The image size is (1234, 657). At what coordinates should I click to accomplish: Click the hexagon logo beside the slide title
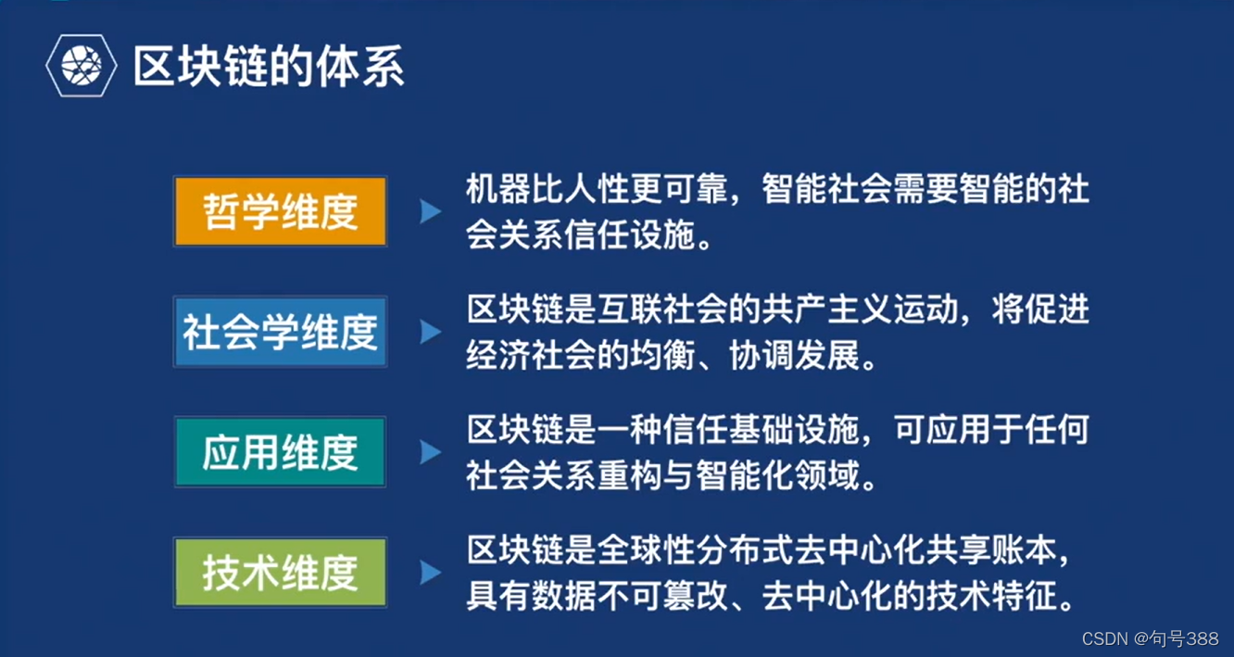(x=82, y=67)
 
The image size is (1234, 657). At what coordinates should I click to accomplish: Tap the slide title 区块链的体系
(x=269, y=67)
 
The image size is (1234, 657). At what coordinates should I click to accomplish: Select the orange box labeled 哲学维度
(x=280, y=211)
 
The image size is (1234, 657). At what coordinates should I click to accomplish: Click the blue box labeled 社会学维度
(x=280, y=332)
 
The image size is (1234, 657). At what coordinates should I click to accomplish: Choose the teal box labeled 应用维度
(x=280, y=452)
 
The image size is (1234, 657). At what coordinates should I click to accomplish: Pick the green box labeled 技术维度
(x=280, y=573)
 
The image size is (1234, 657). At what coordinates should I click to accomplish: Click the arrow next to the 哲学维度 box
(x=430, y=211)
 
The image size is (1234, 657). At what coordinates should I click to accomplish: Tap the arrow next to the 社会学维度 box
(x=430, y=332)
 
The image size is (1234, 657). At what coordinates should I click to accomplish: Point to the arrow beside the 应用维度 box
(x=430, y=452)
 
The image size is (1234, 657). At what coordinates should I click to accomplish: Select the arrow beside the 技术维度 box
(x=430, y=573)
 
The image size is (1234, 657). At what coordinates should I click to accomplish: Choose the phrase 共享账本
(x=987, y=550)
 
